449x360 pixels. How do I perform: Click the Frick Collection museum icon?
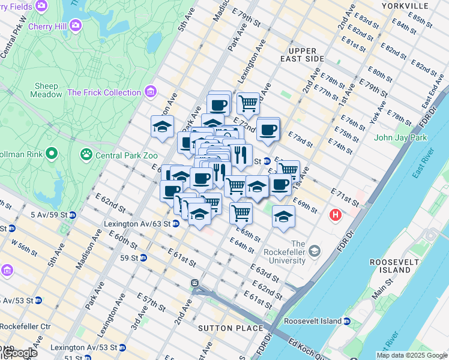point(151,92)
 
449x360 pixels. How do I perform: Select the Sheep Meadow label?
point(46,90)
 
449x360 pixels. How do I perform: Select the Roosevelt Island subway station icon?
point(347,321)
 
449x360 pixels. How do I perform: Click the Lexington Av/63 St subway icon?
point(176,224)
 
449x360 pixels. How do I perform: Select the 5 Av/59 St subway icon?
point(73,214)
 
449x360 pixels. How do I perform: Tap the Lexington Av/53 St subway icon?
point(122,347)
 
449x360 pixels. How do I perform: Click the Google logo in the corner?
point(19,353)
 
